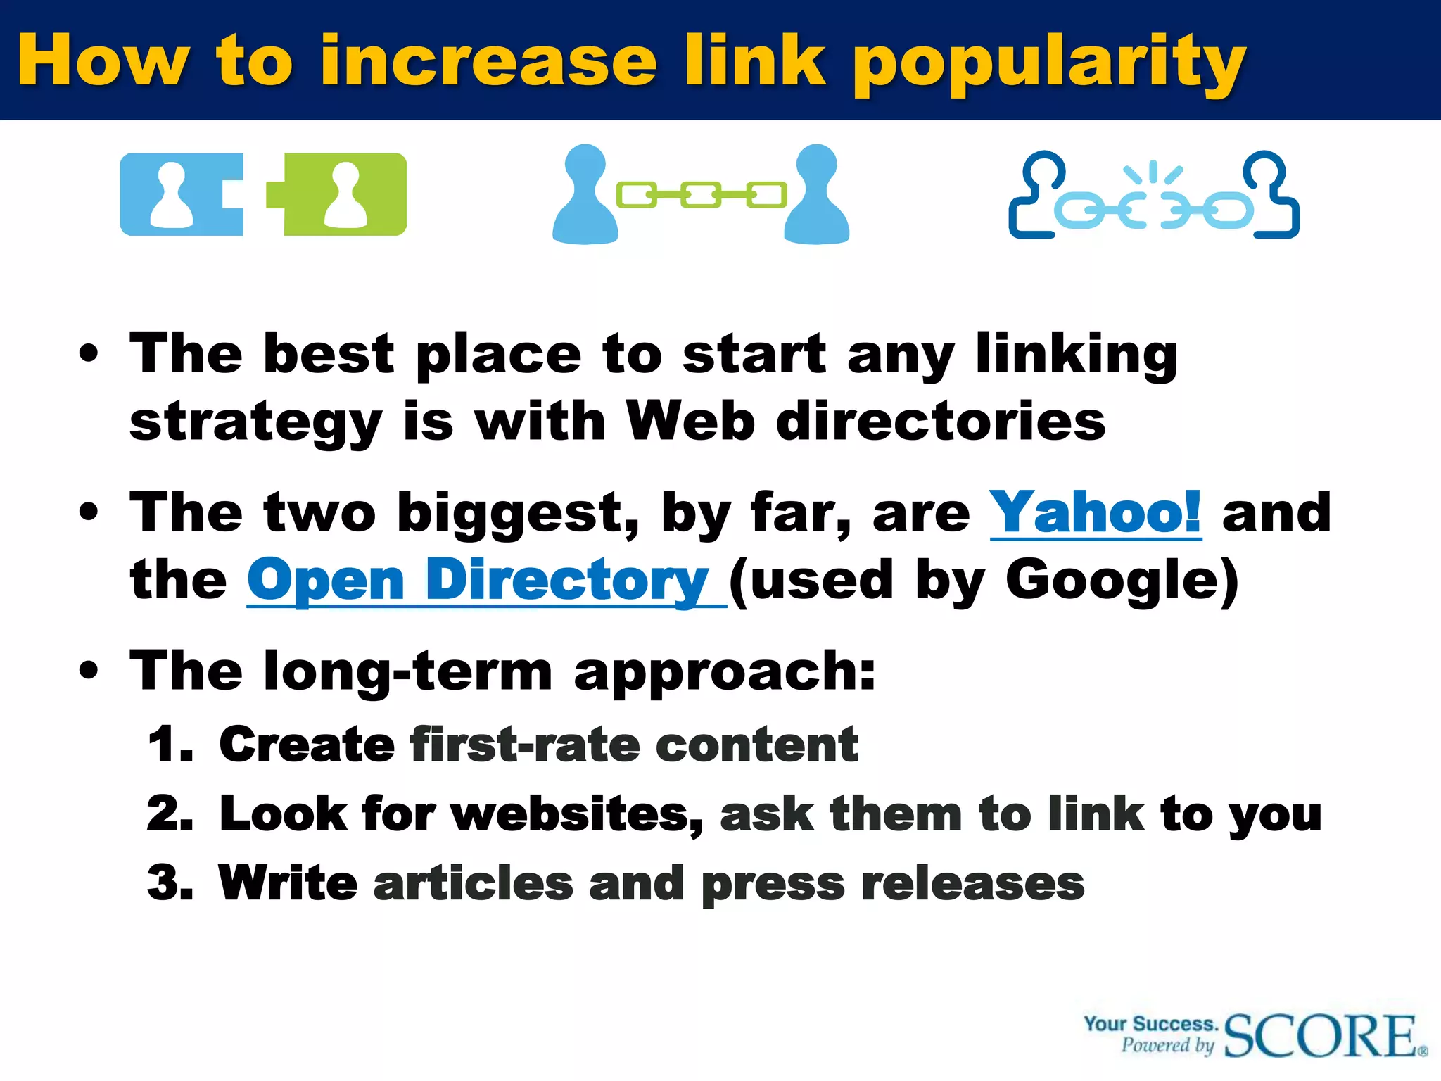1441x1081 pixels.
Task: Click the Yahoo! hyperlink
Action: (1095, 513)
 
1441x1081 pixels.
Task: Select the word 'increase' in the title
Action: (488, 62)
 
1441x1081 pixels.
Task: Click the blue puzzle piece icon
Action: (182, 194)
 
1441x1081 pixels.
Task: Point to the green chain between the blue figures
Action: (701, 194)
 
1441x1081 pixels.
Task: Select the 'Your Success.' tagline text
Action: (1150, 1023)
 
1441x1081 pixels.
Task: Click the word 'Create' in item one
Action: (307, 745)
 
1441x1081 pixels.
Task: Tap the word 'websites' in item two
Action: (577, 814)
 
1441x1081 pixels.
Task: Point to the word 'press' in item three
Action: (773, 884)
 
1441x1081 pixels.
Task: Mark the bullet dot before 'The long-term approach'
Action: (89, 670)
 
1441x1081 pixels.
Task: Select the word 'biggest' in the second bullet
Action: (518, 513)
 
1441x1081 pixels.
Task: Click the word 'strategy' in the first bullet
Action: (256, 422)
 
